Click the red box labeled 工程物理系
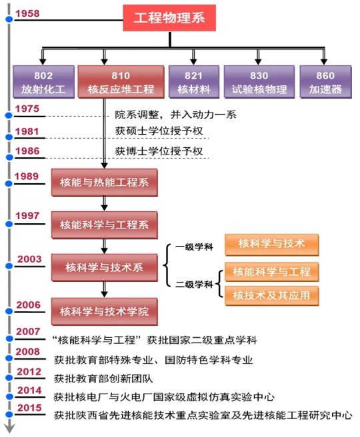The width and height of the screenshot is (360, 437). pos(169,18)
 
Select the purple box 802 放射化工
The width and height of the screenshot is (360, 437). pos(43,82)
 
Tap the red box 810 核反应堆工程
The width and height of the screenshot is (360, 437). pos(121,82)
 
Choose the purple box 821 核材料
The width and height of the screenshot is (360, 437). pos(194,82)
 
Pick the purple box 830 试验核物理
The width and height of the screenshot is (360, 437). pos(259,82)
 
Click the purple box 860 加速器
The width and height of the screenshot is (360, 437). pos(325,82)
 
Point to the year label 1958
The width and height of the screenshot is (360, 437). pos(27,13)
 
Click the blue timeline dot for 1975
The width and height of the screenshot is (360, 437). pos(9,115)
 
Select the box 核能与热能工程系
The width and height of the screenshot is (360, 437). pos(104,183)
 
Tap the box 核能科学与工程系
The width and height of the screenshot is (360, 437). pos(104,225)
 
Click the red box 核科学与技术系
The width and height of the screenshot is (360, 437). pos(104,268)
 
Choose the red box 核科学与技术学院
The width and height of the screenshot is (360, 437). pos(104,311)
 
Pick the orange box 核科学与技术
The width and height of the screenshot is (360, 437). pos(271,244)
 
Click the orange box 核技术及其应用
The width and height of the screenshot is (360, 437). pos(271,295)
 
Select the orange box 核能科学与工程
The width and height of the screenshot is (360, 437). pos(271,272)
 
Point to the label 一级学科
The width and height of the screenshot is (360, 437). pos(194,247)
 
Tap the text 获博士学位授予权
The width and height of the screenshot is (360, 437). pos(159,151)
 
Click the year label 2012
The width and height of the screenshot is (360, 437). pos(29,372)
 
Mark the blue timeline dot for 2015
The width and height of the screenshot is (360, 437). pos(9,415)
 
